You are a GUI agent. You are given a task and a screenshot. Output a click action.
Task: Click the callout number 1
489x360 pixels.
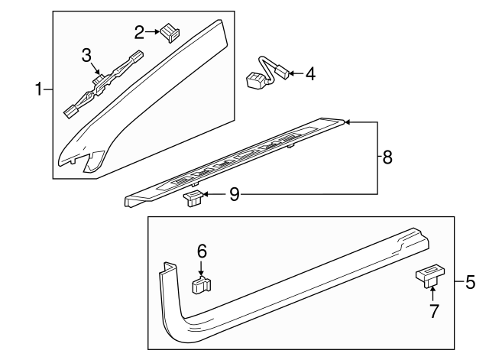click(38, 90)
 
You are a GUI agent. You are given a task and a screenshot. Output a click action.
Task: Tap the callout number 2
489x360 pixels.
click(139, 32)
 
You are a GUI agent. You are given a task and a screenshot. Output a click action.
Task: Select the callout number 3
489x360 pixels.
click(87, 54)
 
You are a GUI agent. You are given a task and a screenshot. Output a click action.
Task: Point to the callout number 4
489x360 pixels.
click(309, 74)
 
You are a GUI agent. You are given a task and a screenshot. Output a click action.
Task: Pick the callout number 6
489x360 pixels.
click(202, 251)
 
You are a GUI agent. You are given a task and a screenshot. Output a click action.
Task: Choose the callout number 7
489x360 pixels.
click(434, 312)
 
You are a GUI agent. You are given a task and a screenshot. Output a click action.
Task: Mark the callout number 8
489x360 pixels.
click(388, 158)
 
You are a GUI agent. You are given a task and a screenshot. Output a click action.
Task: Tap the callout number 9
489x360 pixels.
click(234, 196)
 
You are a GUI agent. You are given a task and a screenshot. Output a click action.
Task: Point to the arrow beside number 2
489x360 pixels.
click(151, 32)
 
